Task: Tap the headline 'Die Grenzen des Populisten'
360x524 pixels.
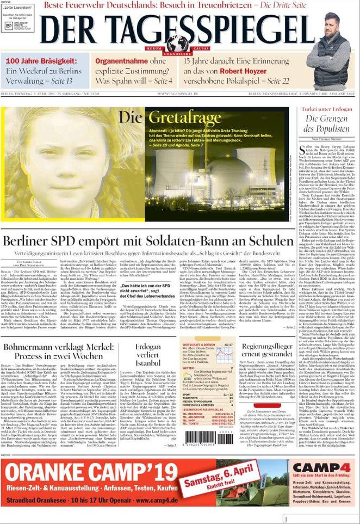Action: click(x=326, y=124)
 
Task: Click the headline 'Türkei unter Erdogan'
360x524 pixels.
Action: click(x=325, y=108)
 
